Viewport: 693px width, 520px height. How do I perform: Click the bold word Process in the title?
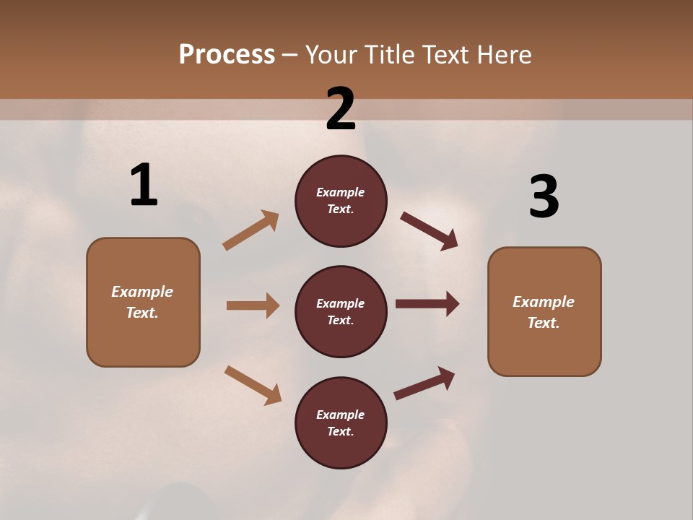pyautogui.click(x=227, y=55)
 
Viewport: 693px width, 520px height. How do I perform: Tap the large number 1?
pyautogui.click(x=144, y=186)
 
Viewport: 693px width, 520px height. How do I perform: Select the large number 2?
pyautogui.click(x=341, y=109)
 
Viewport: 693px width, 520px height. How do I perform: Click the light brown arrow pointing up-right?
pyautogui.click(x=251, y=230)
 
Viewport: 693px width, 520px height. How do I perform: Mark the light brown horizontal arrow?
pyautogui.click(x=253, y=305)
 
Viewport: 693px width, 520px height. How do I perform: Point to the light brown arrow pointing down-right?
pyautogui.click(x=253, y=385)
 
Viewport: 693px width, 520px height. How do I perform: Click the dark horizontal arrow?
pyautogui.click(x=427, y=304)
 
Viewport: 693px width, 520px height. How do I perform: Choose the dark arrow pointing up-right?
pyautogui.click(x=424, y=383)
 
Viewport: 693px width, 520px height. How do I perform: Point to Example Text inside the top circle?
pyautogui.click(x=341, y=201)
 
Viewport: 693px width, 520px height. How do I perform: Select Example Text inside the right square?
pyautogui.click(x=544, y=312)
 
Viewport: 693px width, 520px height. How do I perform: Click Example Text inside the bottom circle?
pyautogui.click(x=341, y=423)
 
